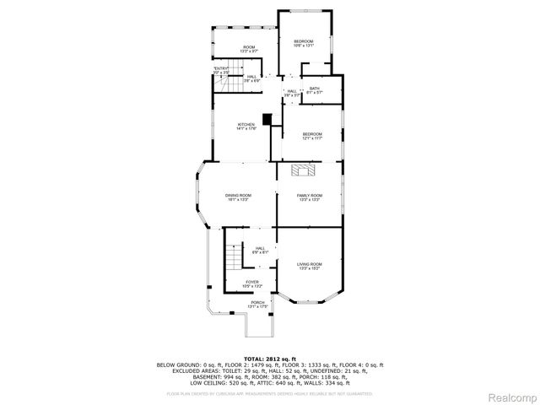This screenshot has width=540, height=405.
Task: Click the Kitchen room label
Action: [246, 127]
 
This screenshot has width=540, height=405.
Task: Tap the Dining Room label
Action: [238, 197]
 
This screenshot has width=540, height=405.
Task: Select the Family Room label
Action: [310, 197]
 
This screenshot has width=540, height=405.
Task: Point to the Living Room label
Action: [310, 267]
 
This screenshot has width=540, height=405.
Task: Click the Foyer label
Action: [251, 283]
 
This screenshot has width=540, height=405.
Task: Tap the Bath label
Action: [314, 90]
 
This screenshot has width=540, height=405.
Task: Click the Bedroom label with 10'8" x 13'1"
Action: [303, 44]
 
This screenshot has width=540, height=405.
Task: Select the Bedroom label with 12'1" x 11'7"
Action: [313, 137]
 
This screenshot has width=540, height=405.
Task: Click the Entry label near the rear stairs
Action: [220, 70]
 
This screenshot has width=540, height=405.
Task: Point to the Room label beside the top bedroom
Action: [249, 49]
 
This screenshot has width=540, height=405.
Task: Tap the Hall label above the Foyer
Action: [260, 250]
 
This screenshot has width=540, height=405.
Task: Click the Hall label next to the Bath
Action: [291, 93]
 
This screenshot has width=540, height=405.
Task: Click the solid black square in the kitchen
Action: [267, 119]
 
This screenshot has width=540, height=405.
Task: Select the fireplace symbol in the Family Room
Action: [303, 171]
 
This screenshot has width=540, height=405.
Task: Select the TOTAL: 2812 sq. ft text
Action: [269, 359]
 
